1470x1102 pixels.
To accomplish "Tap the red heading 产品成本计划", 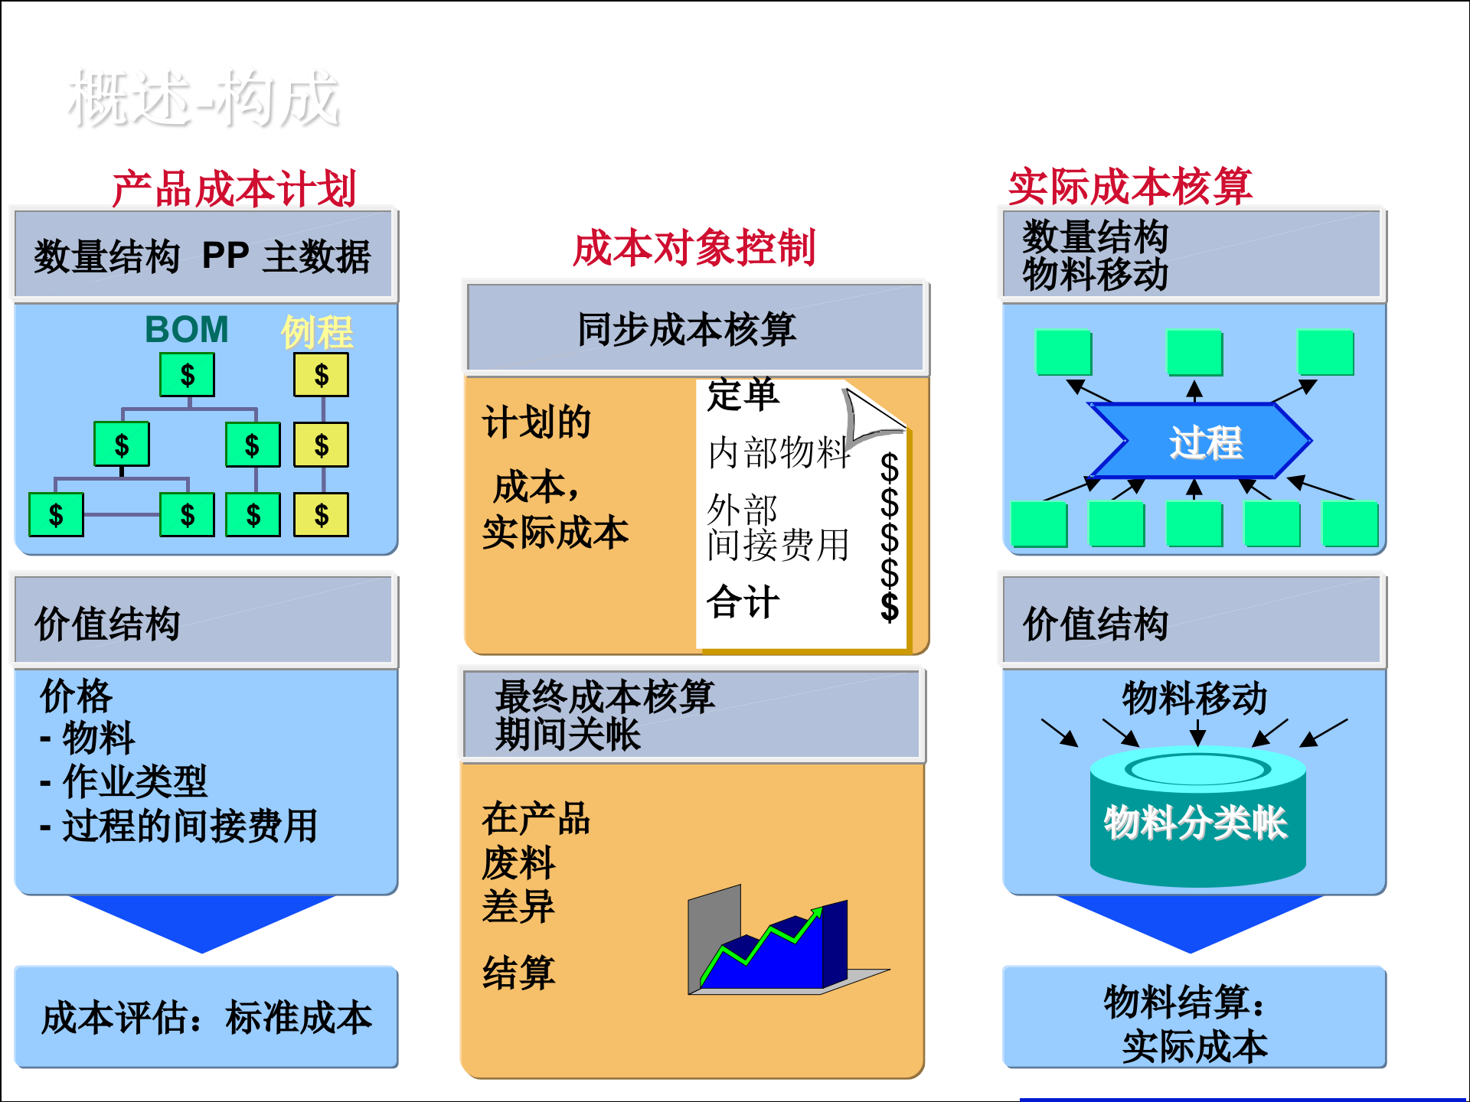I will (234, 188).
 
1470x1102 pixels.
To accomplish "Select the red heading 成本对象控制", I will (694, 248).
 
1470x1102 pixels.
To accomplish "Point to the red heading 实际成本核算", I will (1130, 187).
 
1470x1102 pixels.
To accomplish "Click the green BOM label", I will (187, 330).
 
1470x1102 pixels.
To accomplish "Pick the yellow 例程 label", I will (317, 331).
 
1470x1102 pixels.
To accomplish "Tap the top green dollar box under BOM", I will (187, 375).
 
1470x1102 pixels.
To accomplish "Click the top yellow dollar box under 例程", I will (321, 375).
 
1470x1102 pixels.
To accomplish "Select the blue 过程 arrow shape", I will (1200, 441).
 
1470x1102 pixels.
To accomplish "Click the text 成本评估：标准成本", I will (206, 1018).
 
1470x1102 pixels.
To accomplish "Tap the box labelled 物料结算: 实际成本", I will (1194, 1022).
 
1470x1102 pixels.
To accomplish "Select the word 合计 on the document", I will (743, 602).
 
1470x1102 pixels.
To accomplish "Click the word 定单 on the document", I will (743, 395).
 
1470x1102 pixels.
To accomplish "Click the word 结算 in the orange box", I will (518, 973).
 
